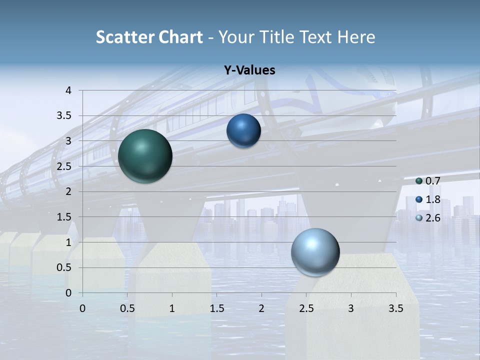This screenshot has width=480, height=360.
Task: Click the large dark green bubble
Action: click(x=145, y=156)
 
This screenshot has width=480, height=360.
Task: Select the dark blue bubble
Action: click(x=243, y=131)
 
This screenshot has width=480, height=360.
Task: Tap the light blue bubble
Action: click(x=315, y=252)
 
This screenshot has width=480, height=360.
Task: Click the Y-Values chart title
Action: click(x=249, y=70)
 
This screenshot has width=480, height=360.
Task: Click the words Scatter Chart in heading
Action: click(x=149, y=37)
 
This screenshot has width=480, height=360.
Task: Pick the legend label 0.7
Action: click(x=433, y=181)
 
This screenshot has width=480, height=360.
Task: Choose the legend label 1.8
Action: click(x=433, y=199)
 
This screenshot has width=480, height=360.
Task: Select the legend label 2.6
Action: click(x=433, y=217)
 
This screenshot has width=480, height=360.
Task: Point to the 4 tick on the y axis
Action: click(x=68, y=90)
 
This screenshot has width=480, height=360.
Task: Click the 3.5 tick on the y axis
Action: click(x=65, y=116)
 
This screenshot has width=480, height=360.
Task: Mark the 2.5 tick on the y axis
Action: click(x=65, y=166)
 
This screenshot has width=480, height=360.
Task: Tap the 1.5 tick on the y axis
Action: click(x=65, y=217)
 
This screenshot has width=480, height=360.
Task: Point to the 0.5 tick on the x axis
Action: click(x=127, y=308)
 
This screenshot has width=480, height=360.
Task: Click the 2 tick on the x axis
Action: click(x=261, y=308)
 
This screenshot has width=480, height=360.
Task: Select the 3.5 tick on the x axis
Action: click(x=395, y=308)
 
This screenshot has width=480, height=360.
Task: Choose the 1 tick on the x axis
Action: click(x=172, y=308)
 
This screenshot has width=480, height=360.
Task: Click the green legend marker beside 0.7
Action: click(x=419, y=181)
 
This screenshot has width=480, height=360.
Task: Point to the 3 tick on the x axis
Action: click(x=351, y=308)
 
